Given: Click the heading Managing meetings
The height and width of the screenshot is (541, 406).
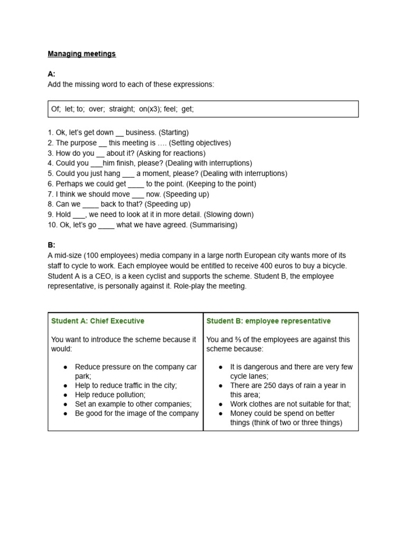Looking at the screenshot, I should click(81, 54).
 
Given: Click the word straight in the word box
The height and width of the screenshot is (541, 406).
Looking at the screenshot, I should click(122, 109).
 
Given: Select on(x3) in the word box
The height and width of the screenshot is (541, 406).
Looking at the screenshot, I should click(153, 109).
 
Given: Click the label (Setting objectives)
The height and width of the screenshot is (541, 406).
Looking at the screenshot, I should click(200, 143).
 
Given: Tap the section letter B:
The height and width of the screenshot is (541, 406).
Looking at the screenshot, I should click(51, 245).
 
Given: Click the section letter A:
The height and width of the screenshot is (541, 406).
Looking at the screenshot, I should click(51, 74).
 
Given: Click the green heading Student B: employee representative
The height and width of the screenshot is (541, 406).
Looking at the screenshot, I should click(269, 321).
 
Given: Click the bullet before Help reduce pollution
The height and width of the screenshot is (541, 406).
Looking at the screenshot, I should click(65, 395).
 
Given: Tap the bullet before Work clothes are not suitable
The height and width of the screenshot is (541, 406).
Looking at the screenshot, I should click(220, 404).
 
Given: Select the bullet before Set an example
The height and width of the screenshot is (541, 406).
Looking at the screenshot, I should click(65, 404).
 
